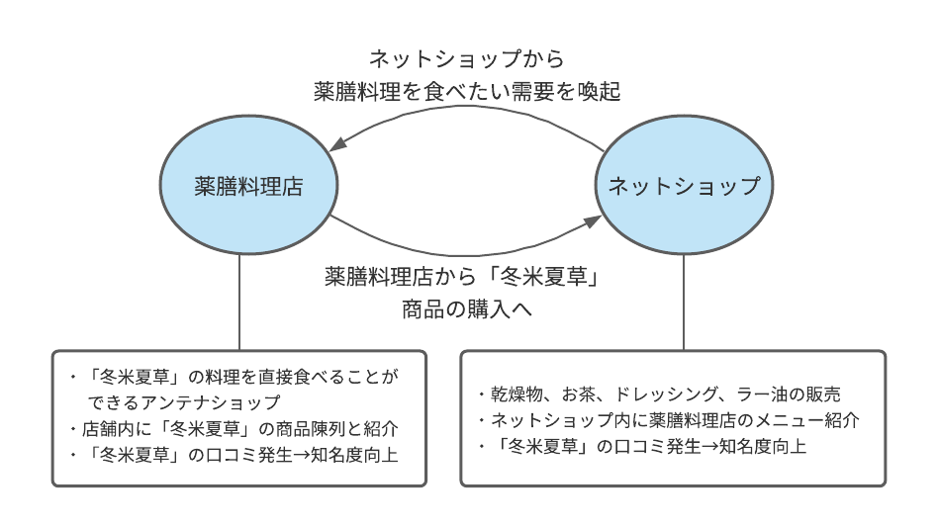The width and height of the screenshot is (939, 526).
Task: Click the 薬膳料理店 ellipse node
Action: tap(247, 186)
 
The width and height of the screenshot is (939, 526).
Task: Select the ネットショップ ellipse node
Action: tap(683, 186)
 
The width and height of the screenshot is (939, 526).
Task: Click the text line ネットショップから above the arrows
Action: tap(467, 59)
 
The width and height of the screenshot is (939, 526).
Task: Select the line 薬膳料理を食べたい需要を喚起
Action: tap(467, 92)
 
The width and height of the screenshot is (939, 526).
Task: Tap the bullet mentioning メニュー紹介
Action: tap(668, 420)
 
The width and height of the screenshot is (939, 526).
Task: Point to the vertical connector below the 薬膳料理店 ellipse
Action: tap(240, 302)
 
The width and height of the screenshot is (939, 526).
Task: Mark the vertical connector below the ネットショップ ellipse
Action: tap(684, 302)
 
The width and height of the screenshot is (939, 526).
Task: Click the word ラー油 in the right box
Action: tap(761, 394)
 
